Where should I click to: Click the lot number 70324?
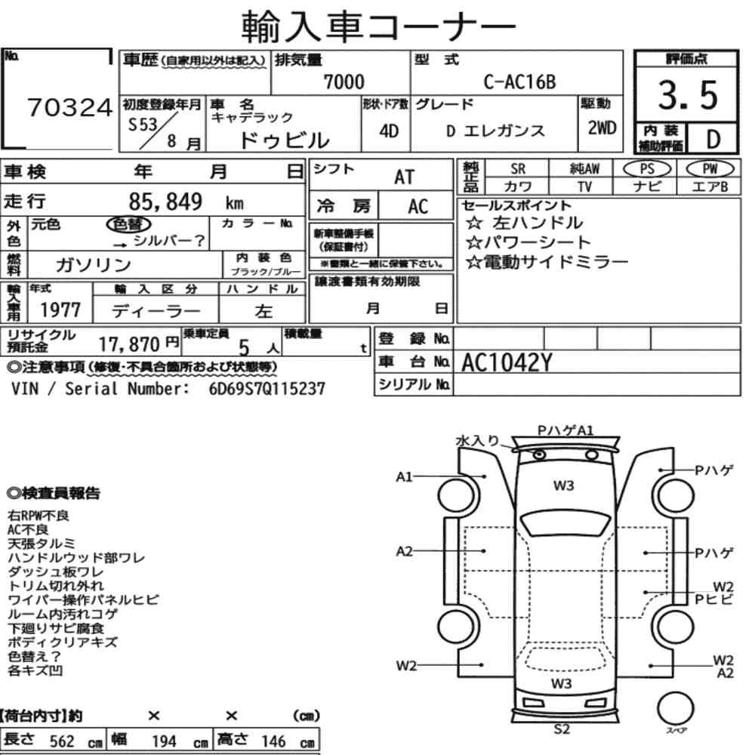(x=69, y=107)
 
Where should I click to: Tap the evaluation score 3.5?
(x=688, y=95)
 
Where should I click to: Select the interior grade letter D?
(x=713, y=139)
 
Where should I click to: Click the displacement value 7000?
(x=344, y=82)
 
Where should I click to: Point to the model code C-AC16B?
(x=519, y=82)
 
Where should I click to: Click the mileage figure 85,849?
(x=165, y=202)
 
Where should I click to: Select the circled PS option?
(x=647, y=169)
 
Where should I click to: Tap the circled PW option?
(x=710, y=168)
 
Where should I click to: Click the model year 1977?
(x=60, y=310)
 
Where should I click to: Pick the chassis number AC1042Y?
(x=507, y=362)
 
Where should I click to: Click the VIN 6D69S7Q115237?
(x=267, y=389)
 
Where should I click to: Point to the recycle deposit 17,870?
(x=129, y=344)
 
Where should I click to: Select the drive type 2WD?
(x=602, y=128)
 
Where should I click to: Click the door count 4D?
(x=389, y=131)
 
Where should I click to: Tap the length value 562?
(x=62, y=741)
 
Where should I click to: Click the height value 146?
(x=273, y=741)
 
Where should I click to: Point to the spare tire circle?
(x=675, y=708)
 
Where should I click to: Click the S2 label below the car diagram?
(x=562, y=729)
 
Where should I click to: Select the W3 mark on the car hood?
(x=563, y=485)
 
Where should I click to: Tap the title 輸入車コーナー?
(x=378, y=26)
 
